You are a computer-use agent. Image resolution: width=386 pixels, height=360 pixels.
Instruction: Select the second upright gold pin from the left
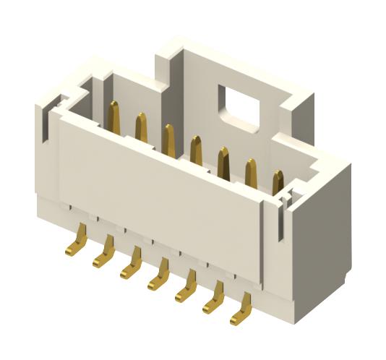141,127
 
